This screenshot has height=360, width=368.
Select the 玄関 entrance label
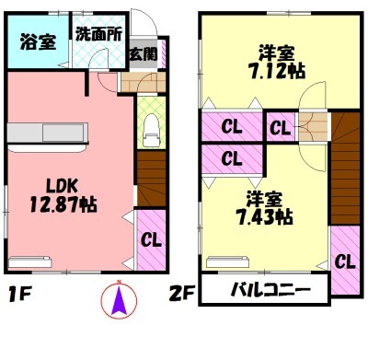[142, 52]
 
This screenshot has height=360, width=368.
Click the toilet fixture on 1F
[149, 129]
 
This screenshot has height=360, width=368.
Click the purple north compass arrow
[118, 300]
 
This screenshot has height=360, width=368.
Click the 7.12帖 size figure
[278, 71]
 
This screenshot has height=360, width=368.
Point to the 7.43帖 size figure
[264, 217]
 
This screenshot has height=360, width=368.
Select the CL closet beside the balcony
[345, 261]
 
